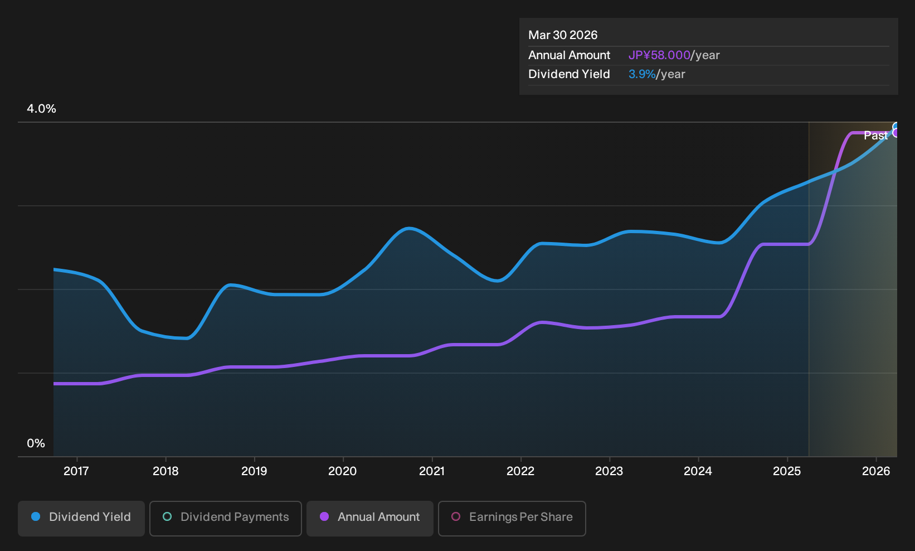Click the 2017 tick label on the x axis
[x=76, y=471]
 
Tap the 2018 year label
[x=166, y=471]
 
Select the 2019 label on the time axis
[x=254, y=471]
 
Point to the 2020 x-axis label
[x=343, y=471]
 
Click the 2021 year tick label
[x=432, y=471]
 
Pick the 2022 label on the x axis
[x=520, y=471]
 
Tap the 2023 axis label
[x=609, y=471]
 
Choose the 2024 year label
[x=698, y=471]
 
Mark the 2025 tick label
[x=787, y=471]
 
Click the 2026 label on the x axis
[x=876, y=471]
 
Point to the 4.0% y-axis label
[x=41, y=109]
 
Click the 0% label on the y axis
[x=36, y=443]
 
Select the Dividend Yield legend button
[x=81, y=518]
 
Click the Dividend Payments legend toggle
[x=226, y=518]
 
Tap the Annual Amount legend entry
[x=369, y=518]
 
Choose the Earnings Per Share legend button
[x=512, y=518]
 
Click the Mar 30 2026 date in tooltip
[x=563, y=35]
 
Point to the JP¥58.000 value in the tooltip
[x=659, y=55]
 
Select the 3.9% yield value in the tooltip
[x=642, y=74]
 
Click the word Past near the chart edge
[x=876, y=136]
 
